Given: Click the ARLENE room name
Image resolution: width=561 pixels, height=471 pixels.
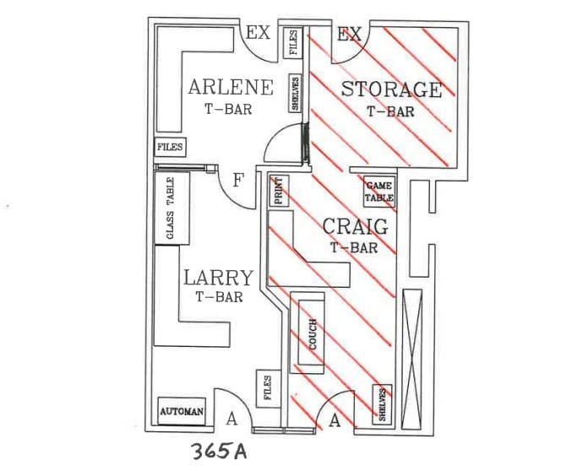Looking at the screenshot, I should pyautogui.click(x=231, y=87).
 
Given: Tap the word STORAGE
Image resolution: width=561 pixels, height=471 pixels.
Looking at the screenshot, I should pyautogui.click(x=391, y=89).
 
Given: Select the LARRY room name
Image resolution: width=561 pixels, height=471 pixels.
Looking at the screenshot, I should pyautogui.click(x=218, y=278).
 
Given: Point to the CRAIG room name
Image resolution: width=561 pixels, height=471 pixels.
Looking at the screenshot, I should pyautogui.click(x=355, y=227).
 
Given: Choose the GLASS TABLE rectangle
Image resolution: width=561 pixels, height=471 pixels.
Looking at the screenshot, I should pyautogui.click(x=169, y=208).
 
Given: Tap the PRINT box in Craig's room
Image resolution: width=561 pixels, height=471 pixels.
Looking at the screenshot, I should pyautogui.click(x=278, y=192).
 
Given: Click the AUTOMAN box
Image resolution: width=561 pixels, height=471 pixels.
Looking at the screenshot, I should pyautogui.click(x=182, y=412).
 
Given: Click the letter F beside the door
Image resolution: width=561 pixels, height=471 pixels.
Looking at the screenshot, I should pyautogui.click(x=238, y=180).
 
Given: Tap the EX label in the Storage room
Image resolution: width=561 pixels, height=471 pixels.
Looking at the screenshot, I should pyautogui.click(x=349, y=35).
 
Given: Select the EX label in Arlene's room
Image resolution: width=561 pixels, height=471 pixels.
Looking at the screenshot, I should pyautogui.click(x=257, y=35).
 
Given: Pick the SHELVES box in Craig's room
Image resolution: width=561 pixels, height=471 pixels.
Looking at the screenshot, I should pyautogui.click(x=382, y=404).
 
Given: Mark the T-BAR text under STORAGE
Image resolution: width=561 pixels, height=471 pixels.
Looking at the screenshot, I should pyautogui.click(x=390, y=110).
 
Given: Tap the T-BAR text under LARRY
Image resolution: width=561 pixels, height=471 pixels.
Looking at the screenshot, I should pyautogui.click(x=219, y=297).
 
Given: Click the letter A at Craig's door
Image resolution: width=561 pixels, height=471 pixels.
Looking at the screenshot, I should pyautogui.click(x=334, y=421).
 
